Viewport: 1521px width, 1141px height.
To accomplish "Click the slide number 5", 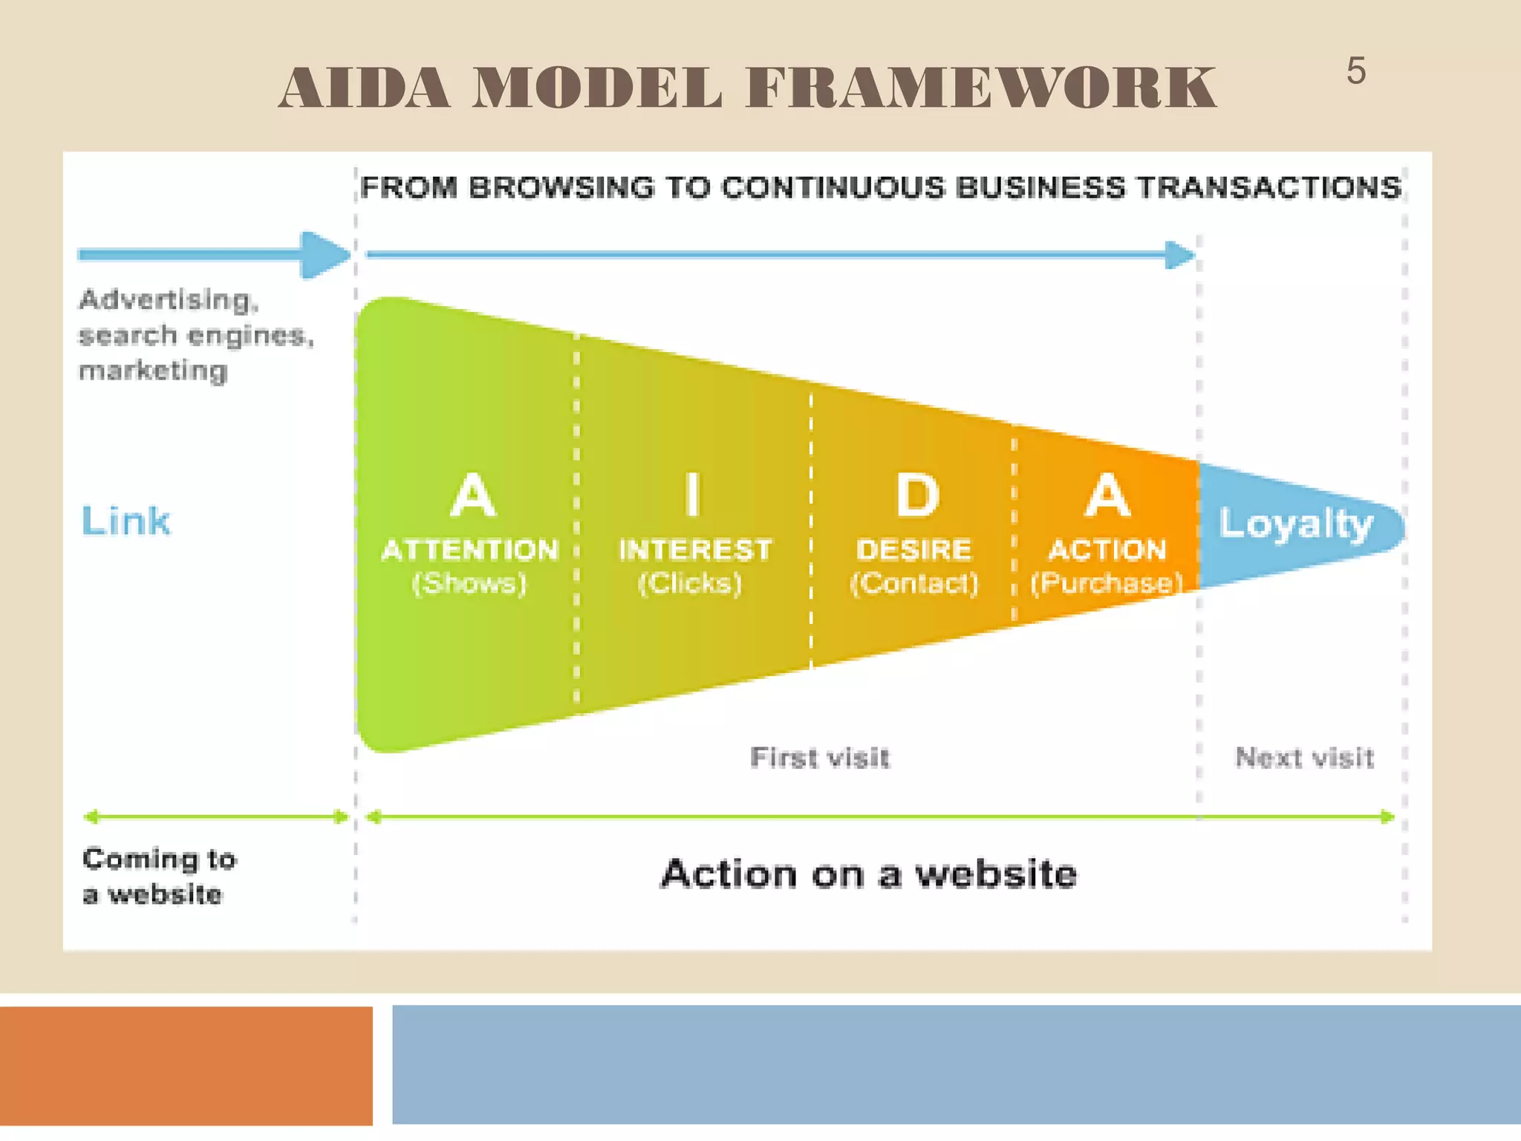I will point(1355,72).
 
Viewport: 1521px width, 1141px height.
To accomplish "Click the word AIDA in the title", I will point(365,88).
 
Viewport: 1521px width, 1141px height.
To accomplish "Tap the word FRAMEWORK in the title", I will point(981,88).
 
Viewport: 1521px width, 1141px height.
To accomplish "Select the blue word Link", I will point(126,521).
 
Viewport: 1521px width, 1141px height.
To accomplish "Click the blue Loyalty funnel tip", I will point(1297,524).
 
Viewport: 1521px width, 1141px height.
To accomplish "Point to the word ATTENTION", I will point(469,550).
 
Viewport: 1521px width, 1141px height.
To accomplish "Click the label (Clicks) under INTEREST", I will point(690,583).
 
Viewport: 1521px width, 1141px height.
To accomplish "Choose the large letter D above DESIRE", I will point(917,495).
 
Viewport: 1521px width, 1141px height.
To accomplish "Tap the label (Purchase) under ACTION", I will point(1107,583).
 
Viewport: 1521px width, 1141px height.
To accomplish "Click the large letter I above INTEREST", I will point(693,495).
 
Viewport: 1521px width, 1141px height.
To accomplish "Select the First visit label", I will point(819,758).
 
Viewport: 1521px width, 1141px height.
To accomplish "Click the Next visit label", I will point(1304,758).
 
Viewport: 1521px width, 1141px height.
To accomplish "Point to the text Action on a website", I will point(868,874).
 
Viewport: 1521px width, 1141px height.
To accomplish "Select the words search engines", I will point(195,336).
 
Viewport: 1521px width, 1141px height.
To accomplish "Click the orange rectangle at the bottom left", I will point(186,1065).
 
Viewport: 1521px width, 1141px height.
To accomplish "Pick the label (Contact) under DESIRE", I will point(913,583).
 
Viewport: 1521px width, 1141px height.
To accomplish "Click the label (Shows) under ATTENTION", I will point(469,583).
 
